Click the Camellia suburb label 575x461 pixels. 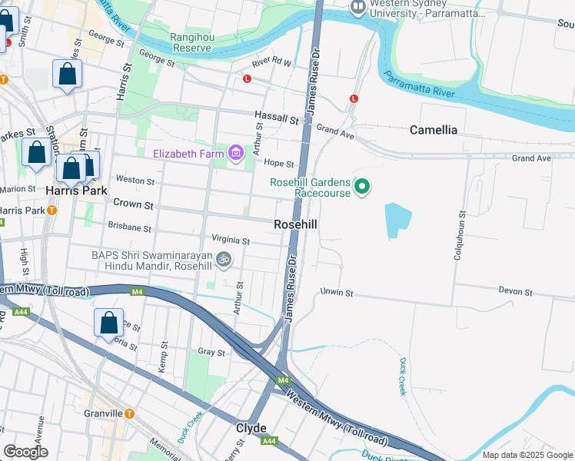coord(444,130)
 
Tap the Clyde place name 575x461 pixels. coord(251,428)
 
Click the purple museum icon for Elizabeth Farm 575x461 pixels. coord(235,154)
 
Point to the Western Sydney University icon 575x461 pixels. coord(357,8)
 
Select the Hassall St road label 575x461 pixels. coord(278,119)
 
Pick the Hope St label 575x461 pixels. coord(279,164)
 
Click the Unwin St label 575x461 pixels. coord(337,293)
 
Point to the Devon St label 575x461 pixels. coord(515,292)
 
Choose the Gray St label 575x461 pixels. coord(211,353)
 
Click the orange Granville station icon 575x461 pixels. coord(129,413)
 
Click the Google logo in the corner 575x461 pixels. coord(25,452)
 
